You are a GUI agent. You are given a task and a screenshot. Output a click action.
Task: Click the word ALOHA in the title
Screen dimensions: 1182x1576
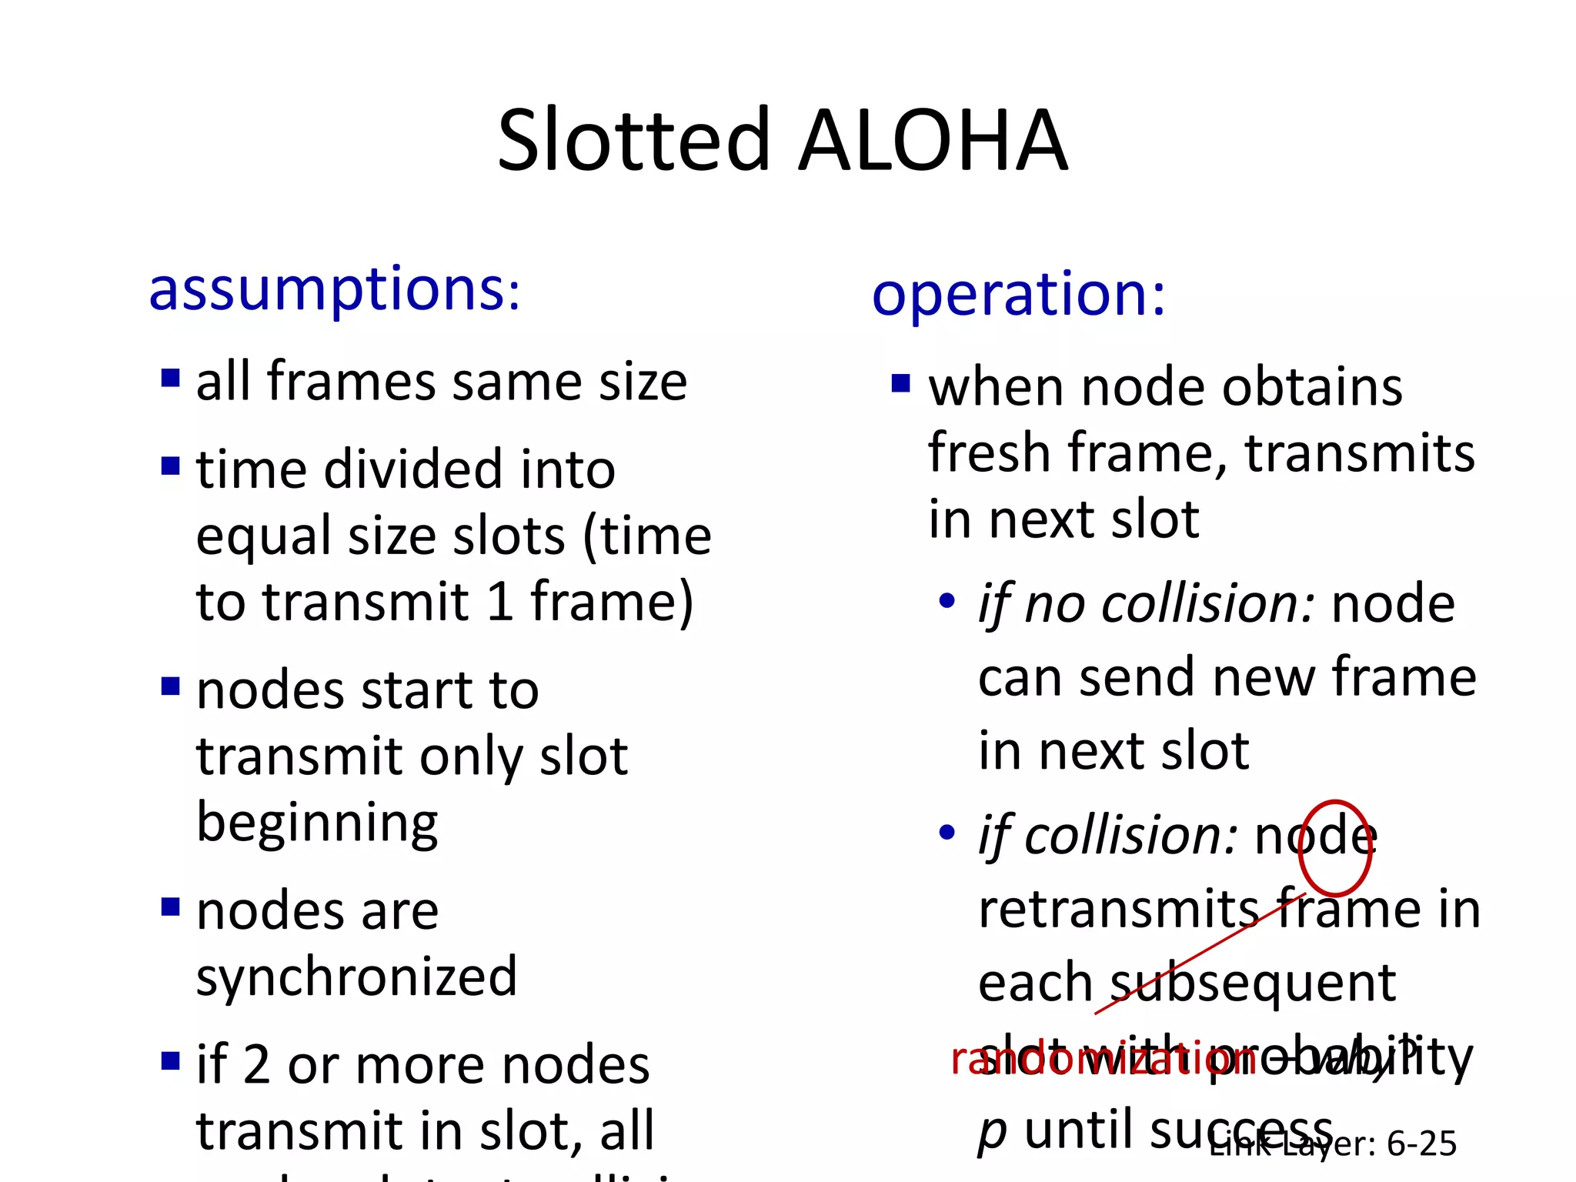click(x=933, y=142)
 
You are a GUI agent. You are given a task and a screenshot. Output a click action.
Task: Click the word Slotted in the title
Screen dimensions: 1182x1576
click(x=633, y=142)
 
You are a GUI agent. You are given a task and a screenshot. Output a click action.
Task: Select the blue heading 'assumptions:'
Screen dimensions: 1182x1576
click(x=335, y=289)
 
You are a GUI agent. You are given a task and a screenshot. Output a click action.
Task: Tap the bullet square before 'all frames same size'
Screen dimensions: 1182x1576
click(x=170, y=378)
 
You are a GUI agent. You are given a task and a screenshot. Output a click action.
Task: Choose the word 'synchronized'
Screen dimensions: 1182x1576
click(x=356, y=976)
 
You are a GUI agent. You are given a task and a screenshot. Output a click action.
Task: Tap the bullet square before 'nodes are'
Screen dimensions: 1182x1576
click(x=170, y=907)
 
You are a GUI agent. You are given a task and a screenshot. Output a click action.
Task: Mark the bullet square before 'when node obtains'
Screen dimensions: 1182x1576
click(x=900, y=382)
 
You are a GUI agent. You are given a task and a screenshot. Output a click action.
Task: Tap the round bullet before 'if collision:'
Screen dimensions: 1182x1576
click(x=947, y=832)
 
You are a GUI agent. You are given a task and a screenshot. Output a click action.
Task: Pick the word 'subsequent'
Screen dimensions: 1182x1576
click(x=1254, y=983)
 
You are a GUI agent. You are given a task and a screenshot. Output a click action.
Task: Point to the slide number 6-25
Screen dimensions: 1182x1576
click(x=1421, y=1144)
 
